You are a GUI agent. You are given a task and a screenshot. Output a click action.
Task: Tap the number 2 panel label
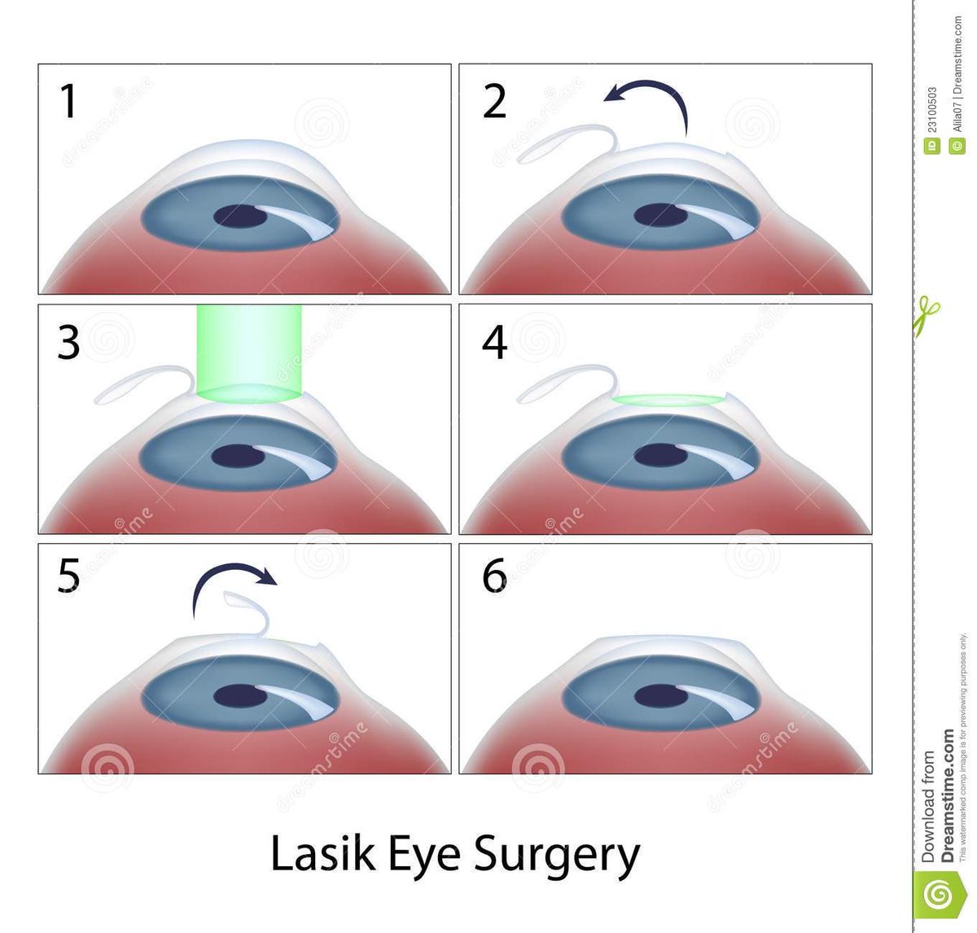pos(494,103)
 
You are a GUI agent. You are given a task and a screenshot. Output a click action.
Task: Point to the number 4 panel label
pos(495,343)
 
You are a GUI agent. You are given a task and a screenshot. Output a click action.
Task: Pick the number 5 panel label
pos(70,580)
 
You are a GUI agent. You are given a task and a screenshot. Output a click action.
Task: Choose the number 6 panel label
pos(495,580)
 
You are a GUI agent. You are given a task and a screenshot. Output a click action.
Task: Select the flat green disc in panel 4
pos(668,400)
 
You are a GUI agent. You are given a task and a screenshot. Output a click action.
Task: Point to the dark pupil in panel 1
pos(238,217)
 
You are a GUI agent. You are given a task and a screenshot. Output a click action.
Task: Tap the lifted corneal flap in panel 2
pos(562,143)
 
